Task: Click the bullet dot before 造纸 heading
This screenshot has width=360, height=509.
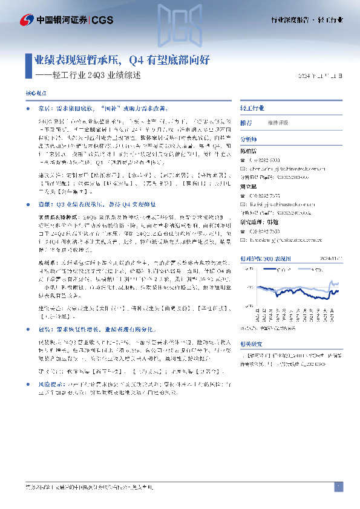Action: pyautogui.click(x=31, y=206)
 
